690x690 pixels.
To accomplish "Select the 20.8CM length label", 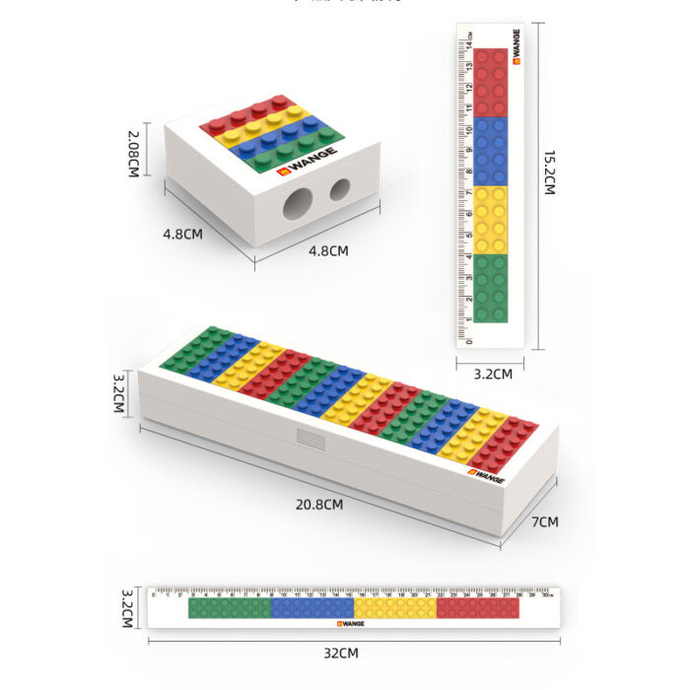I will pos(319,504).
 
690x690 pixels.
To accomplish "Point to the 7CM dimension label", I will pos(545,521).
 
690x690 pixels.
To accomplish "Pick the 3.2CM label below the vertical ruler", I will pos(493,374).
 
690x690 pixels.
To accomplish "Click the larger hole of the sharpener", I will pos(296,205).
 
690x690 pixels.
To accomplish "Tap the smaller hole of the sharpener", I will pos(339,189).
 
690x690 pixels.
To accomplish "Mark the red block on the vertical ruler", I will pos(491,83).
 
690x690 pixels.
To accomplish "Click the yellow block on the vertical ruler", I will pos(491,220).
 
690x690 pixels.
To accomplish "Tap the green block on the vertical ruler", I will pos(491,288).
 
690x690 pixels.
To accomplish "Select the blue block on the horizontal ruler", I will pos(311,609).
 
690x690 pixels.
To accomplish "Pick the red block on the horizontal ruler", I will pos(477,609).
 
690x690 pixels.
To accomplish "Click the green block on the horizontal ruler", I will pos(229,609).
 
